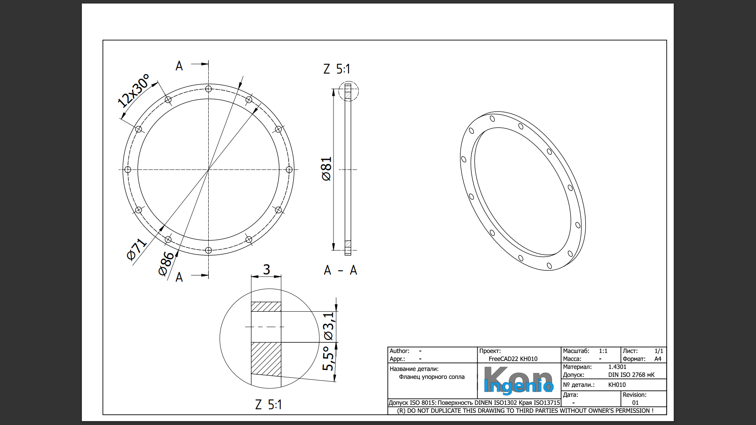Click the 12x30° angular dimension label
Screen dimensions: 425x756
[x=134, y=91]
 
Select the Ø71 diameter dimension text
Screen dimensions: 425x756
[x=136, y=249]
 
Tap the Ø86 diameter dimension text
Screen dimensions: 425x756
[x=166, y=264]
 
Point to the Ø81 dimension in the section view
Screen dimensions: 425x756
[x=326, y=169]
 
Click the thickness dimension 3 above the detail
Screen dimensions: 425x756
[x=267, y=270]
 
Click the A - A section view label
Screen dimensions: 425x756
[x=340, y=270]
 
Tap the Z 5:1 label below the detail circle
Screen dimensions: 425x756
[x=269, y=405]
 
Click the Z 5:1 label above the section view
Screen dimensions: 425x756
[x=337, y=69]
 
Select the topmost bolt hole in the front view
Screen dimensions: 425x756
[x=208, y=89]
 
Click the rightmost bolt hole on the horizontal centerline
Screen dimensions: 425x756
[x=289, y=170]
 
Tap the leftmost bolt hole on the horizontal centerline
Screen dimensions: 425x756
[x=128, y=170]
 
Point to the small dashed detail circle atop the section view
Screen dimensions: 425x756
[x=348, y=91]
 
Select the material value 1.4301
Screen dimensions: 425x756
[x=617, y=367]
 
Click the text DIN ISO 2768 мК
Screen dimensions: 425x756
[x=631, y=375]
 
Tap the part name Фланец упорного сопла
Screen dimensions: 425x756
[x=432, y=377]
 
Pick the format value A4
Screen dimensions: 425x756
[x=658, y=359]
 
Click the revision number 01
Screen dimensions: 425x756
[x=635, y=403]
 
